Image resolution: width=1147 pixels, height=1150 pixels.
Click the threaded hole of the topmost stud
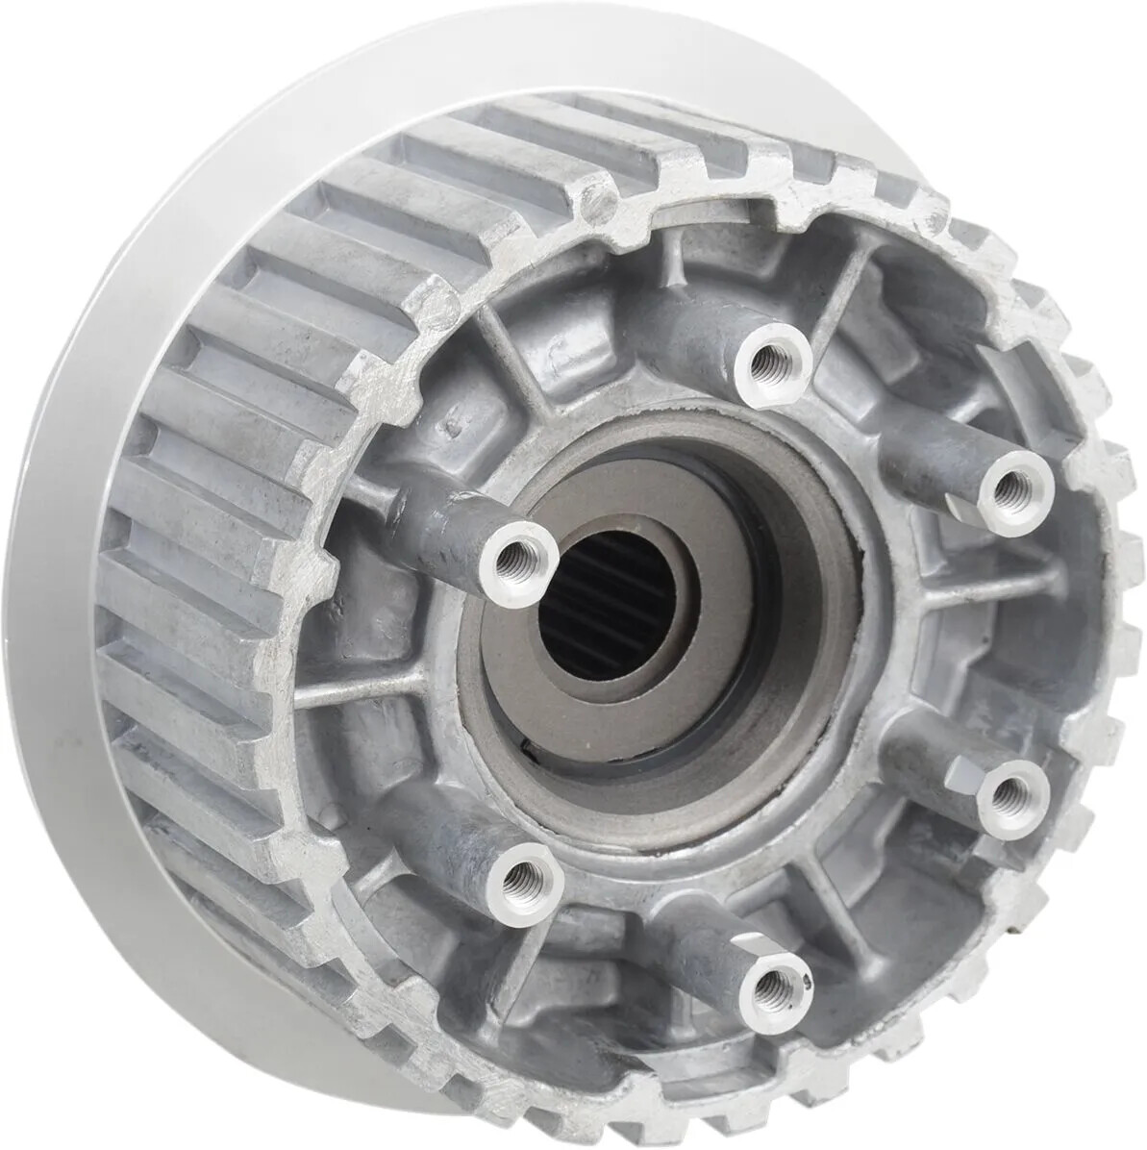coord(772,361)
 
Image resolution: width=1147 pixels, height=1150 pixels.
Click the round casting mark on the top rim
coord(601,201)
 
